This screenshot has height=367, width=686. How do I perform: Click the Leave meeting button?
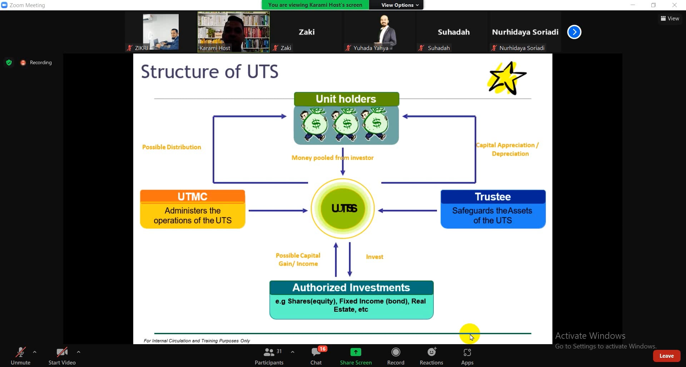[666, 356]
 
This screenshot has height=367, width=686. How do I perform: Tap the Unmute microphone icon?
[20, 352]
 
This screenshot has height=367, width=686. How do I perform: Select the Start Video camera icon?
[62, 352]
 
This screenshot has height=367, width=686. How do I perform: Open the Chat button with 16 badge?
[316, 352]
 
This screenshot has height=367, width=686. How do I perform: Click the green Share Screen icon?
[356, 352]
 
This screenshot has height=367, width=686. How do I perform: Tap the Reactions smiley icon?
[431, 352]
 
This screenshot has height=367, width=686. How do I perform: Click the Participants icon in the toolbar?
[269, 352]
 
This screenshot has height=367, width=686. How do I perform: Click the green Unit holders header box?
[346, 99]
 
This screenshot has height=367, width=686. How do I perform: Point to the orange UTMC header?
[193, 197]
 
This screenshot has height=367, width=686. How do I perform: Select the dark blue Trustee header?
[493, 197]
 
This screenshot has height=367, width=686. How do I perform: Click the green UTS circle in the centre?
[343, 208]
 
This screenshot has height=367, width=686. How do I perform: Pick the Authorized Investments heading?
[351, 287]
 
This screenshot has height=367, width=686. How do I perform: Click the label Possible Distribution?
[171, 147]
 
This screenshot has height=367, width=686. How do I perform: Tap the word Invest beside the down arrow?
[374, 257]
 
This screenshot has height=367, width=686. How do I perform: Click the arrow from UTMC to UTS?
[278, 211]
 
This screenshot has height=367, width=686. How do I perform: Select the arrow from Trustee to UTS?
[407, 211]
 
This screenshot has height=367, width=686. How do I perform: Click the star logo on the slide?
[507, 78]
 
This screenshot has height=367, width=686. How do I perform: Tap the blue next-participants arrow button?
[574, 32]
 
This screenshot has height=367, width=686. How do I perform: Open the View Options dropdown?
[400, 5]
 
